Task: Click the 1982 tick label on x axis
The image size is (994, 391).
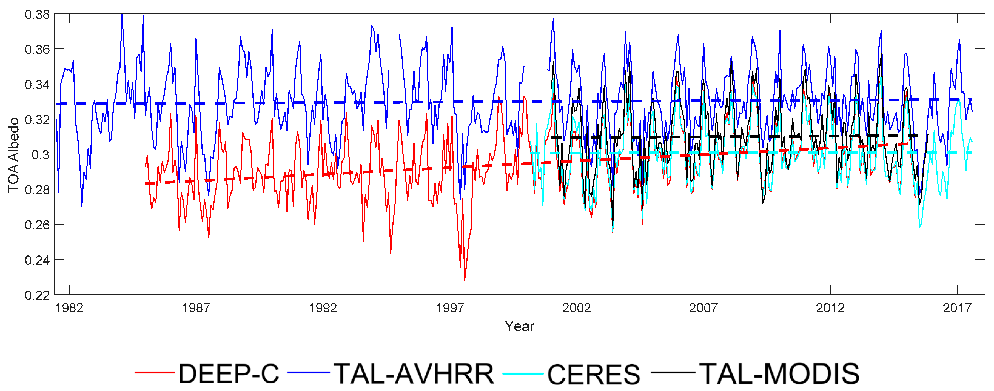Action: (x=69, y=308)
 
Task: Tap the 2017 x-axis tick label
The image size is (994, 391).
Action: (x=957, y=308)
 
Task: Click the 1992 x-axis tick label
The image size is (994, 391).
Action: (x=323, y=308)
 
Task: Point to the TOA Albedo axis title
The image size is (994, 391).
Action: (x=13, y=155)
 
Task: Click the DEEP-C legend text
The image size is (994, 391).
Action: (x=229, y=374)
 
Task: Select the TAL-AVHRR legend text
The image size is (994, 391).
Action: (x=414, y=374)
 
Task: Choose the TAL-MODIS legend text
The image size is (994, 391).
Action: (x=779, y=374)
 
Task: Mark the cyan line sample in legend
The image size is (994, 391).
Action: (x=523, y=373)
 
